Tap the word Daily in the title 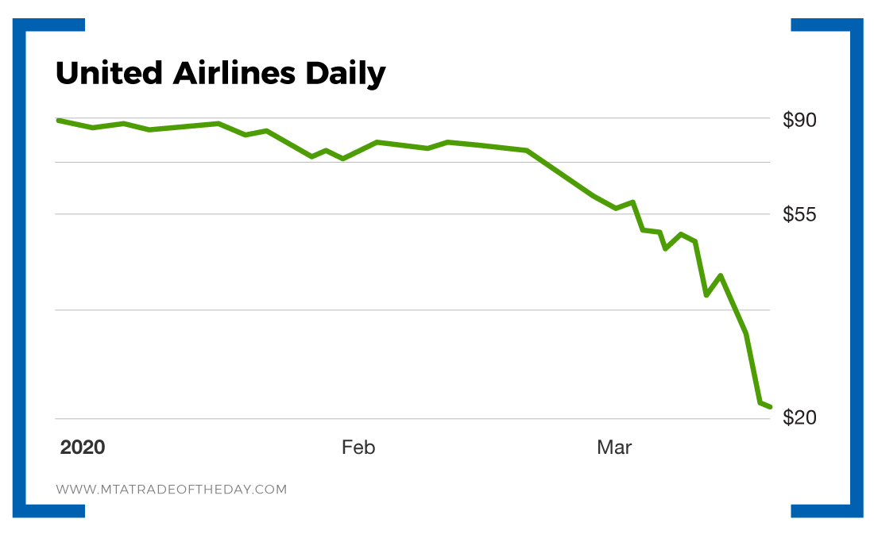coord(343,75)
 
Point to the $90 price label coord(800,120)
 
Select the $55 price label coord(800,214)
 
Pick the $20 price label coord(800,417)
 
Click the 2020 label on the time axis coord(83,448)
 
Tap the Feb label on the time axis coord(358,448)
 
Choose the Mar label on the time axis coord(614,448)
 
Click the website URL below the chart coord(171,490)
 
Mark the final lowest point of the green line coord(769,407)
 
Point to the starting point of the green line coord(58,120)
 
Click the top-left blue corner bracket coord(32,32)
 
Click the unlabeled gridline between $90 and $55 coord(413,163)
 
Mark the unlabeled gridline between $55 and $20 coord(413,310)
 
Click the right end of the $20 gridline coord(768,418)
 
